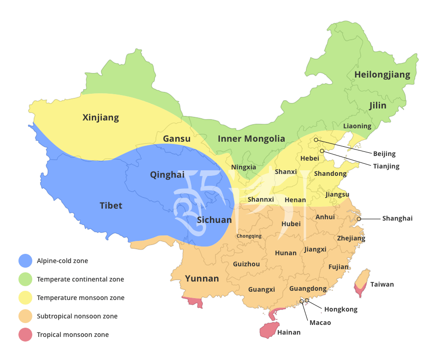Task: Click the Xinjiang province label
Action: [101, 118]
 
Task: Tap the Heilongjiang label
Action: [382, 75]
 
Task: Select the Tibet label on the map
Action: [111, 205]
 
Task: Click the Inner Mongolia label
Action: [251, 138]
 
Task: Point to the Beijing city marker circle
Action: [316, 140]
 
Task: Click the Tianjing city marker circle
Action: [322, 151]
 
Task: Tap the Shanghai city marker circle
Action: [359, 219]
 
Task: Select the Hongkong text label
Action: [340, 309]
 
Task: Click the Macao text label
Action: [320, 323]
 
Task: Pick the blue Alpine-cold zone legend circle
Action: [25, 261]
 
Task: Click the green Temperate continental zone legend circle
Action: [25, 279]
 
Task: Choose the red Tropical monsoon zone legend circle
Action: [25, 335]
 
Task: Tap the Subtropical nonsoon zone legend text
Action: [77, 316]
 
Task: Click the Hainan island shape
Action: [270, 330]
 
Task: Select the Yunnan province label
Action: [202, 278]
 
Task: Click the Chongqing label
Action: [249, 236]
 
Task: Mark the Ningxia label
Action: [244, 167]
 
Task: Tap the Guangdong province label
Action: [308, 288]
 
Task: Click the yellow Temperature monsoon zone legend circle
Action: [25, 298]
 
